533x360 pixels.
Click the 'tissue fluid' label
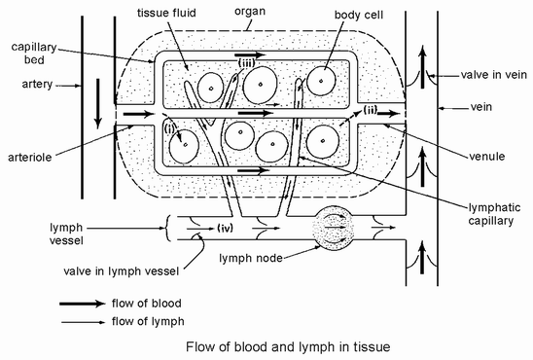pyautogui.click(x=166, y=13)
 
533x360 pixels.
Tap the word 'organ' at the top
pyautogui.click(x=250, y=12)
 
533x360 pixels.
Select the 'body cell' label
pyautogui.click(x=359, y=15)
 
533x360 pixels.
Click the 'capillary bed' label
pyautogui.click(x=34, y=54)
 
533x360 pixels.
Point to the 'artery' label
pyautogui.click(x=37, y=84)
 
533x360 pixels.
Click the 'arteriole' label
pyautogui.click(x=30, y=157)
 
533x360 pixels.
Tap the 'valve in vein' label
pyautogui.click(x=493, y=75)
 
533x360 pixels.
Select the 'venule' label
pyautogui.click(x=486, y=157)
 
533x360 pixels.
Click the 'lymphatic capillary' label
pyautogui.click(x=494, y=214)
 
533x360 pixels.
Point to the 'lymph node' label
pyautogui.click(x=251, y=258)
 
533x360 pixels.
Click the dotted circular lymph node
pyautogui.click(x=333, y=227)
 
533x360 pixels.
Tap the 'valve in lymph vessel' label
pyautogui.click(x=121, y=271)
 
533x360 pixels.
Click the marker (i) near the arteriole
pyautogui.click(x=169, y=128)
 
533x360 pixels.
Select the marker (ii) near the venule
pyautogui.click(x=371, y=110)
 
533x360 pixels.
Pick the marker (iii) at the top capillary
pyautogui.click(x=246, y=62)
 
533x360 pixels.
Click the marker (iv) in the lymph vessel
pyautogui.click(x=225, y=228)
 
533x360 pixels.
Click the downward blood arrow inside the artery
pyautogui.click(x=98, y=104)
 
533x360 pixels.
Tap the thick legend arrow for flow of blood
pyautogui.click(x=83, y=304)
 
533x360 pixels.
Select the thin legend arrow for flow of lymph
pyautogui.click(x=84, y=322)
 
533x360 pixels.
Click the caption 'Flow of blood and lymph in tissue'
pyautogui.click(x=288, y=347)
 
